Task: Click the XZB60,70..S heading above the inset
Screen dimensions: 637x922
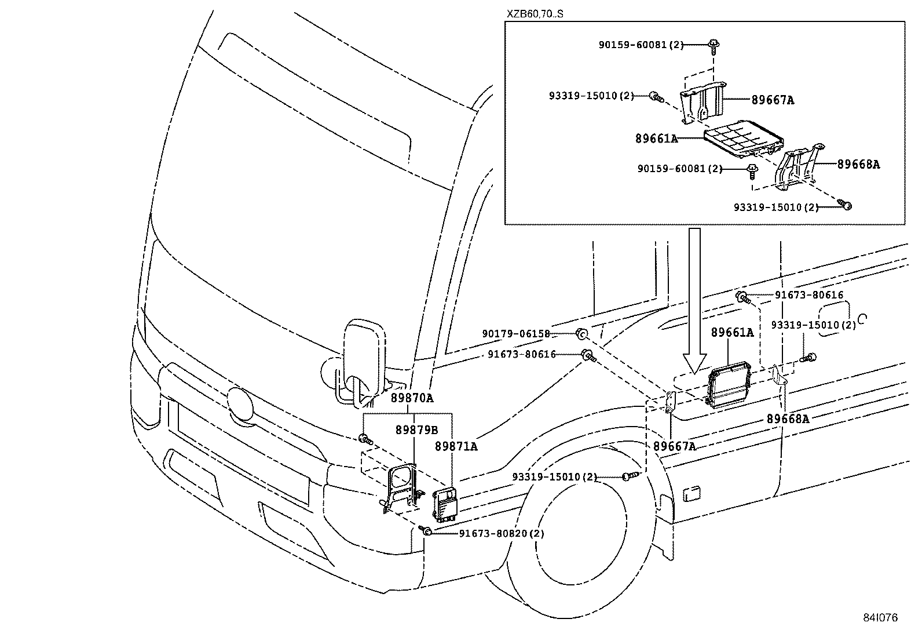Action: [535, 13]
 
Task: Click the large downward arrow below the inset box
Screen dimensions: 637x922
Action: [694, 301]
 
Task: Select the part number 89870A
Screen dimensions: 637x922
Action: [412, 398]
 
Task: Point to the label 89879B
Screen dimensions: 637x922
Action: [416, 430]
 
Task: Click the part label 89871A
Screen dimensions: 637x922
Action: [456, 446]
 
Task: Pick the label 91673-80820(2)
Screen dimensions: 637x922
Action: [502, 533]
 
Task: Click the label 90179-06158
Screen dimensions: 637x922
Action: [516, 334]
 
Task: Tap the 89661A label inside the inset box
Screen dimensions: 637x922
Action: [656, 139]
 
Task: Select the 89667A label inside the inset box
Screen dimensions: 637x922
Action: [773, 100]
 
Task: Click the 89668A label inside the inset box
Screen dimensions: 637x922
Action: [858, 165]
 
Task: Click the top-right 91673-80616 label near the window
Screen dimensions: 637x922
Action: [808, 295]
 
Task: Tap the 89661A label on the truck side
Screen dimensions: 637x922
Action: [733, 332]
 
